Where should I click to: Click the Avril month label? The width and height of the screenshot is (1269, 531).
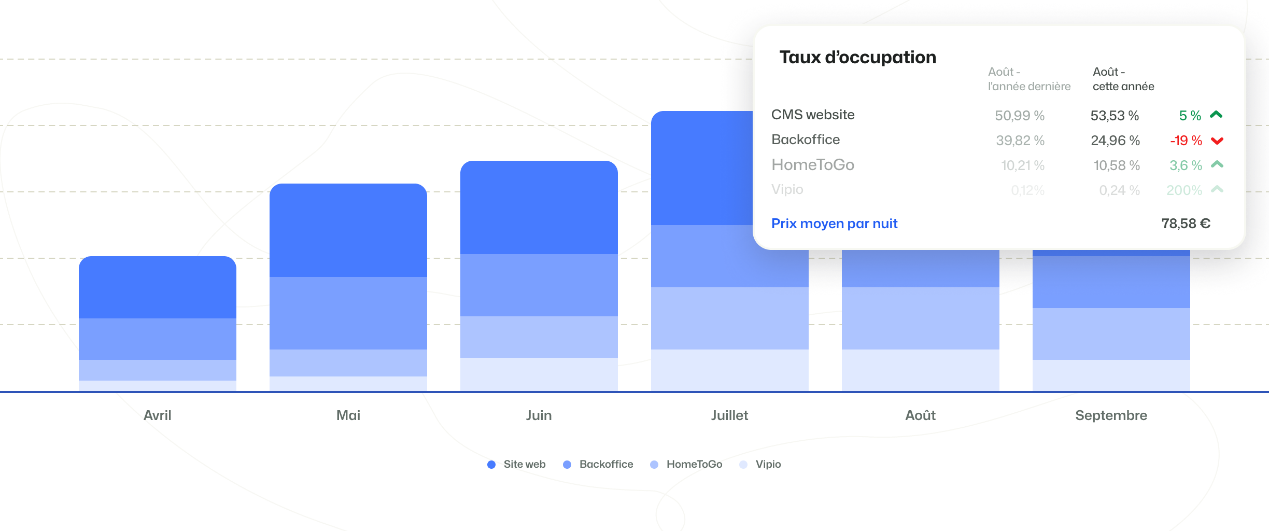coord(158,415)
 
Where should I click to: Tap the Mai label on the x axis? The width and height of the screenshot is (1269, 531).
coord(348,415)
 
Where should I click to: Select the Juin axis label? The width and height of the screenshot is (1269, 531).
coord(539,415)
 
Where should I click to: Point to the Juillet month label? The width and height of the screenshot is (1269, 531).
coord(729,415)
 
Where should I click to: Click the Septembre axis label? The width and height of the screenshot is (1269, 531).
coord(1111,415)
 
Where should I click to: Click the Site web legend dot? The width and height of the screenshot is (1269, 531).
coord(491,465)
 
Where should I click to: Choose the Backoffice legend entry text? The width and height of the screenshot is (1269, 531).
coord(606,464)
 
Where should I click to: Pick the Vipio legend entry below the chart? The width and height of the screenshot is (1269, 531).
coord(768,464)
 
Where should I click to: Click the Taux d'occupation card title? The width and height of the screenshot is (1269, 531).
coord(857,57)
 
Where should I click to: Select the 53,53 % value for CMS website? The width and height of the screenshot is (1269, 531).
coord(1115,116)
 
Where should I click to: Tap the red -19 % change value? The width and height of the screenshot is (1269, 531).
coord(1186,141)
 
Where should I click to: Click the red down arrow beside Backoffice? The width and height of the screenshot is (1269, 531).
coord(1217,141)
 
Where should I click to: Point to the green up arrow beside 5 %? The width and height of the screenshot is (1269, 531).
coord(1216,115)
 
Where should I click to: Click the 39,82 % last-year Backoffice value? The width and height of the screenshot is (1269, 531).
coord(1020,141)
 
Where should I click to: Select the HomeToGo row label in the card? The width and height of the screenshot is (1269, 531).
coord(812,165)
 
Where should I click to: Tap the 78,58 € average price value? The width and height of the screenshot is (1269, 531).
coord(1186,223)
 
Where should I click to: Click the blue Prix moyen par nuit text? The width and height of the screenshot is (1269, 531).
coord(834,223)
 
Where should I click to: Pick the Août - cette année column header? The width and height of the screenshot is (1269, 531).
coord(1123,79)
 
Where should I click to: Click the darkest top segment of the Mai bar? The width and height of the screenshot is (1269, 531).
coord(348,230)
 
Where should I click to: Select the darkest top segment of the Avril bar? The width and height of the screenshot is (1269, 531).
coord(158,287)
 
